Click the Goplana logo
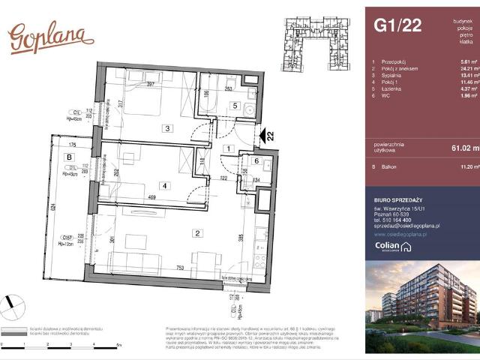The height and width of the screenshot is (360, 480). point(50,37)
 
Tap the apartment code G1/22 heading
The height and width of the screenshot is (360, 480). point(397,26)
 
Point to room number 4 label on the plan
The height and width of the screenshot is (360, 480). point(163,185)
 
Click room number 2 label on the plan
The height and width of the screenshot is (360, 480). point(196,234)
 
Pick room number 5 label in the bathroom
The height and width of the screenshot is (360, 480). point(234,106)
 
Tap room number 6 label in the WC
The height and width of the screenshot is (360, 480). point(256,161)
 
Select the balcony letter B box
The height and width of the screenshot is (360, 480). point(70,157)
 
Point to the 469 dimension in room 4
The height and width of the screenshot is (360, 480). point(153,198)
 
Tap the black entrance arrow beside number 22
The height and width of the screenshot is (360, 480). point(263,136)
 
